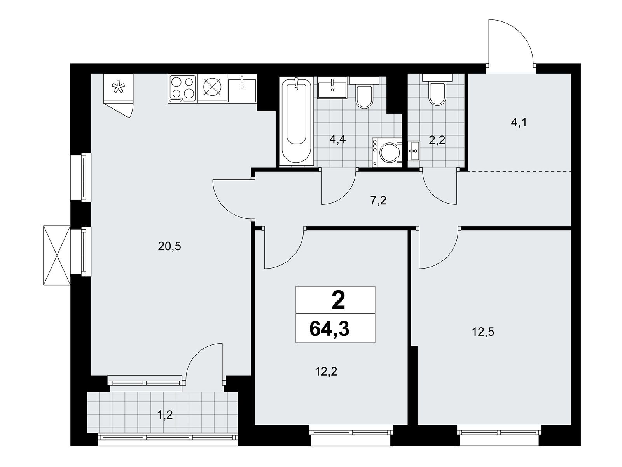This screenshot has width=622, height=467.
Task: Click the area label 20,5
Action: (x=169, y=247)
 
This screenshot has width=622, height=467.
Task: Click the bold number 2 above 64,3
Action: (x=338, y=300)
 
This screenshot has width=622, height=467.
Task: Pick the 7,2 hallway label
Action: (x=379, y=201)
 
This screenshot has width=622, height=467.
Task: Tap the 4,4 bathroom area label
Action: (x=337, y=139)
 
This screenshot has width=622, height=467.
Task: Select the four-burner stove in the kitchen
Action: (x=182, y=89)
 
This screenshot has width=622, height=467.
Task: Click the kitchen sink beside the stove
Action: (x=242, y=88)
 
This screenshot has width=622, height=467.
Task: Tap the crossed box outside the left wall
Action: (x=57, y=255)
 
